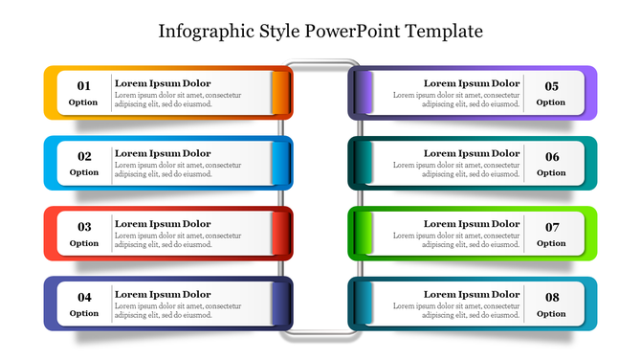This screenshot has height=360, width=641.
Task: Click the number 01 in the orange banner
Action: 84,86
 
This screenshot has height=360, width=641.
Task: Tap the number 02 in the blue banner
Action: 84,157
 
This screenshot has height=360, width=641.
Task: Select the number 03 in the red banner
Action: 84,227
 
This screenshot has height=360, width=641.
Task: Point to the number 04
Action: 84,297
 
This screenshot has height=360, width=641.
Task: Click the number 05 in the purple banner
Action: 552,86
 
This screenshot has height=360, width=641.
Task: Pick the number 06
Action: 552,157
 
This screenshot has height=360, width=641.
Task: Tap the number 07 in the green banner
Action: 552,227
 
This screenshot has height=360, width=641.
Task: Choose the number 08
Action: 552,297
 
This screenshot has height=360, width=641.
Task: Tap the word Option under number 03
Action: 84,243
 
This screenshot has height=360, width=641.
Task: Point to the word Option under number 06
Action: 552,173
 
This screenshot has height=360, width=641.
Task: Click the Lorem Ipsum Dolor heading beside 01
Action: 163,83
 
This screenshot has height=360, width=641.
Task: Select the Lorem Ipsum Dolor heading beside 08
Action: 472,294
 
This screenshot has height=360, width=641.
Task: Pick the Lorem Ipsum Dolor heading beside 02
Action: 163,153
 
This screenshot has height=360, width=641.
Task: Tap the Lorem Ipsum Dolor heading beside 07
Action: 472,224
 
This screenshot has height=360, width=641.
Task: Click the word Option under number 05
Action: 552,102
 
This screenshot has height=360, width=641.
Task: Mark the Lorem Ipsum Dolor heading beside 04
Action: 163,294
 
